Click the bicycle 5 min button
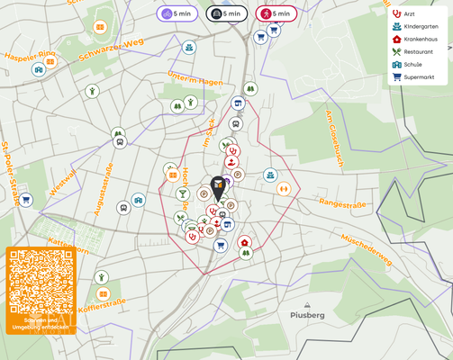(177, 13)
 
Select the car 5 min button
(226, 13)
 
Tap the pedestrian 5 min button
(276, 13)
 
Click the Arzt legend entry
(404, 14)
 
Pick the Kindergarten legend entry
(415, 27)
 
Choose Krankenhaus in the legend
(415, 40)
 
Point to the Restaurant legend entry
(413, 52)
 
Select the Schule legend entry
(408, 65)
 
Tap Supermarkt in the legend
(413, 77)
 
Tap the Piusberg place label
(308, 315)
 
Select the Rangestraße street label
(343, 205)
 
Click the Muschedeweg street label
(366, 249)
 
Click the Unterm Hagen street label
(195, 80)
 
